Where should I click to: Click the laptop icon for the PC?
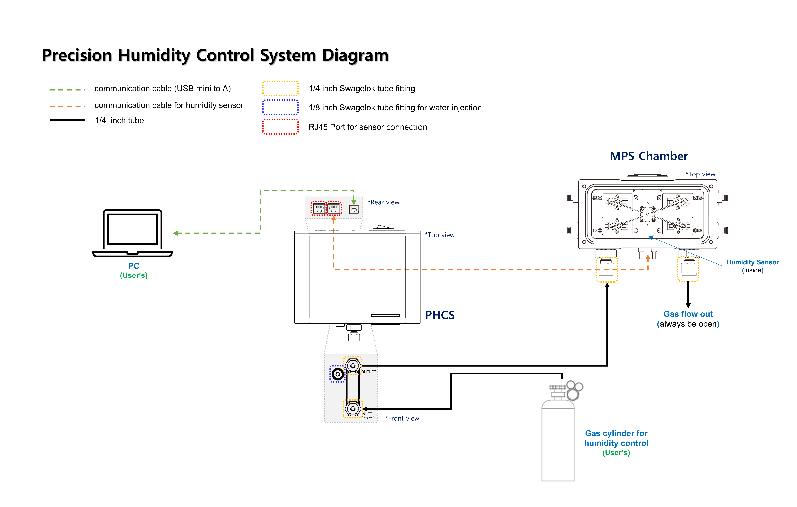(132, 233)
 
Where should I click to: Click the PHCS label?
(440, 315)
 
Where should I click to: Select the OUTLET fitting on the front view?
(353, 366)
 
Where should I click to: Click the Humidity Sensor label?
(752, 262)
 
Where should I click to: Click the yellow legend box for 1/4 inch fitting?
(280, 88)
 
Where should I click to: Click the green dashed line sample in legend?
(67, 89)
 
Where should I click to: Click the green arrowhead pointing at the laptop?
(175, 233)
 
